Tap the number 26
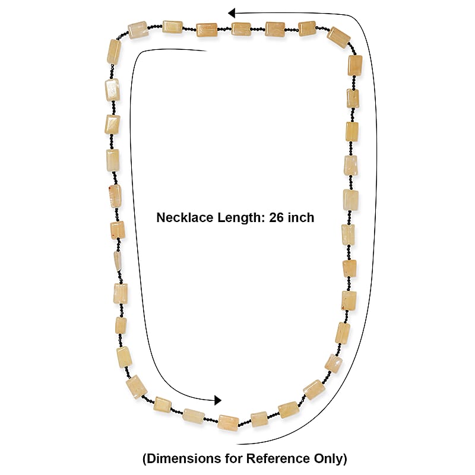(x=277, y=217)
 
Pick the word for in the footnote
(x=235, y=458)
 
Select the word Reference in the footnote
(x=278, y=458)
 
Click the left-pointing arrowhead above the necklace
(x=232, y=13)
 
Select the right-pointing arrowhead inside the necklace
(x=218, y=400)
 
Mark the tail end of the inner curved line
(x=207, y=51)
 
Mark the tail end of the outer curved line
(x=237, y=444)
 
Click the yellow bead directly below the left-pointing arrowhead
(x=241, y=29)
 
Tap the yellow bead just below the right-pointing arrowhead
(x=229, y=423)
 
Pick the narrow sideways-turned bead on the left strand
(x=118, y=261)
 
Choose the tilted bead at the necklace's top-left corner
(x=138, y=30)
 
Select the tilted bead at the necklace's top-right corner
(x=339, y=37)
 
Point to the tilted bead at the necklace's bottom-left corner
(x=137, y=387)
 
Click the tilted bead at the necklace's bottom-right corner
(x=315, y=389)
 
